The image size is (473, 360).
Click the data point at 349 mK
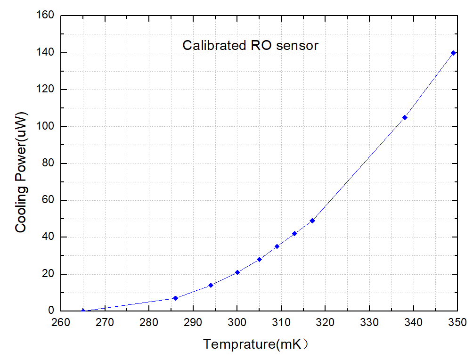(x=453, y=53)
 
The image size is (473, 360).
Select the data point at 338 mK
(x=405, y=117)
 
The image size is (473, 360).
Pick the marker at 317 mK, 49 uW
(x=312, y=221)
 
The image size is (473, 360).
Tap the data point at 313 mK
(x=294, y=234)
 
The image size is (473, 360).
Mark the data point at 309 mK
(x=277, y=246)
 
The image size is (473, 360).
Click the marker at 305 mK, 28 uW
(x=259, y=259)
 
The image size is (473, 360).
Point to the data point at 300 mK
(x=237, y=272)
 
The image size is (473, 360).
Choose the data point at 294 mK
(x=211, y=285)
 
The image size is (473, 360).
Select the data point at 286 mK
(x=175, y=298)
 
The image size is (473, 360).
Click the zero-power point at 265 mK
(x=83, y=311)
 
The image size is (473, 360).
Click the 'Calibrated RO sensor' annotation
(x=251, y=46)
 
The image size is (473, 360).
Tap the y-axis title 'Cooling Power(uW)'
(x=21, y=172)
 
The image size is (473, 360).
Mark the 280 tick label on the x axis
(x=149, y=322)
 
